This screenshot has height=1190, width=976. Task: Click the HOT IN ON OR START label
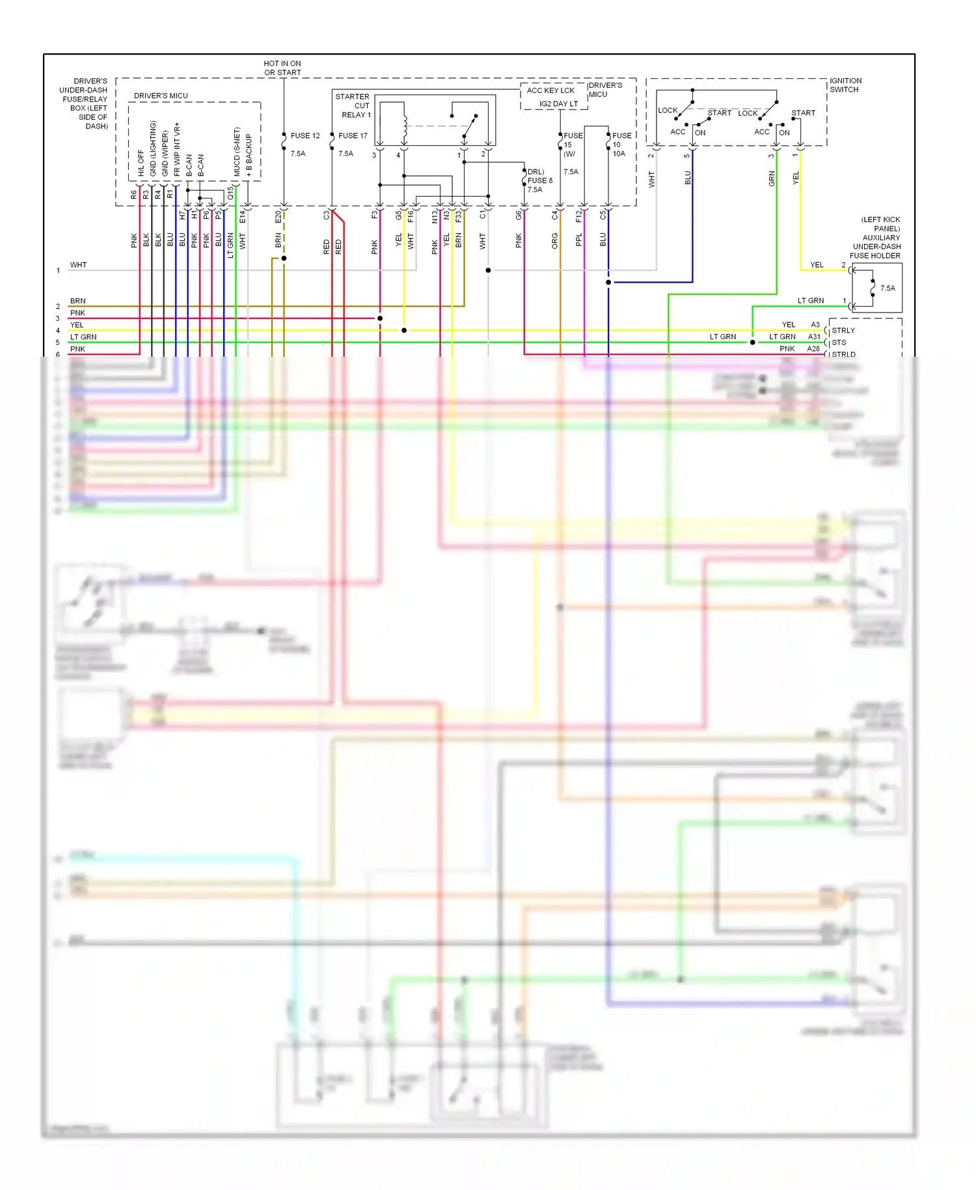282,68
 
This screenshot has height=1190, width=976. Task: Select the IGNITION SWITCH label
845,85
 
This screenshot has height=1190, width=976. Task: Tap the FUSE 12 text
305,136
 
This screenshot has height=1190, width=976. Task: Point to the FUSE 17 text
353,136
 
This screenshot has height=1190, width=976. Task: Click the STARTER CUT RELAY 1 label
353,105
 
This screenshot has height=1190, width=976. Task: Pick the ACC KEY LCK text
550,90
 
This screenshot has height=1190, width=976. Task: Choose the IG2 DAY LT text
558,104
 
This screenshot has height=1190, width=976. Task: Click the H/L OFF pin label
141,163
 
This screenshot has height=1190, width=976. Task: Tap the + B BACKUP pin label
249,156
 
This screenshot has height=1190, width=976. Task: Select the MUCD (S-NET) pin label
237,152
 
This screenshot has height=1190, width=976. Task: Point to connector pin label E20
278,217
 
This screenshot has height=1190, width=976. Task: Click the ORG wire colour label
555,242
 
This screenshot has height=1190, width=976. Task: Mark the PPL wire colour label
579,240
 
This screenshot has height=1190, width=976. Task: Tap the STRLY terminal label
843,331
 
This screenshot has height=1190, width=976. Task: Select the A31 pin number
814,337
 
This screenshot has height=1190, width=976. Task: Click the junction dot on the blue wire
608,283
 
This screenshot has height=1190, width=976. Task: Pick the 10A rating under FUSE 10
619,154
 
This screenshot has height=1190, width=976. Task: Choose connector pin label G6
519,215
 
